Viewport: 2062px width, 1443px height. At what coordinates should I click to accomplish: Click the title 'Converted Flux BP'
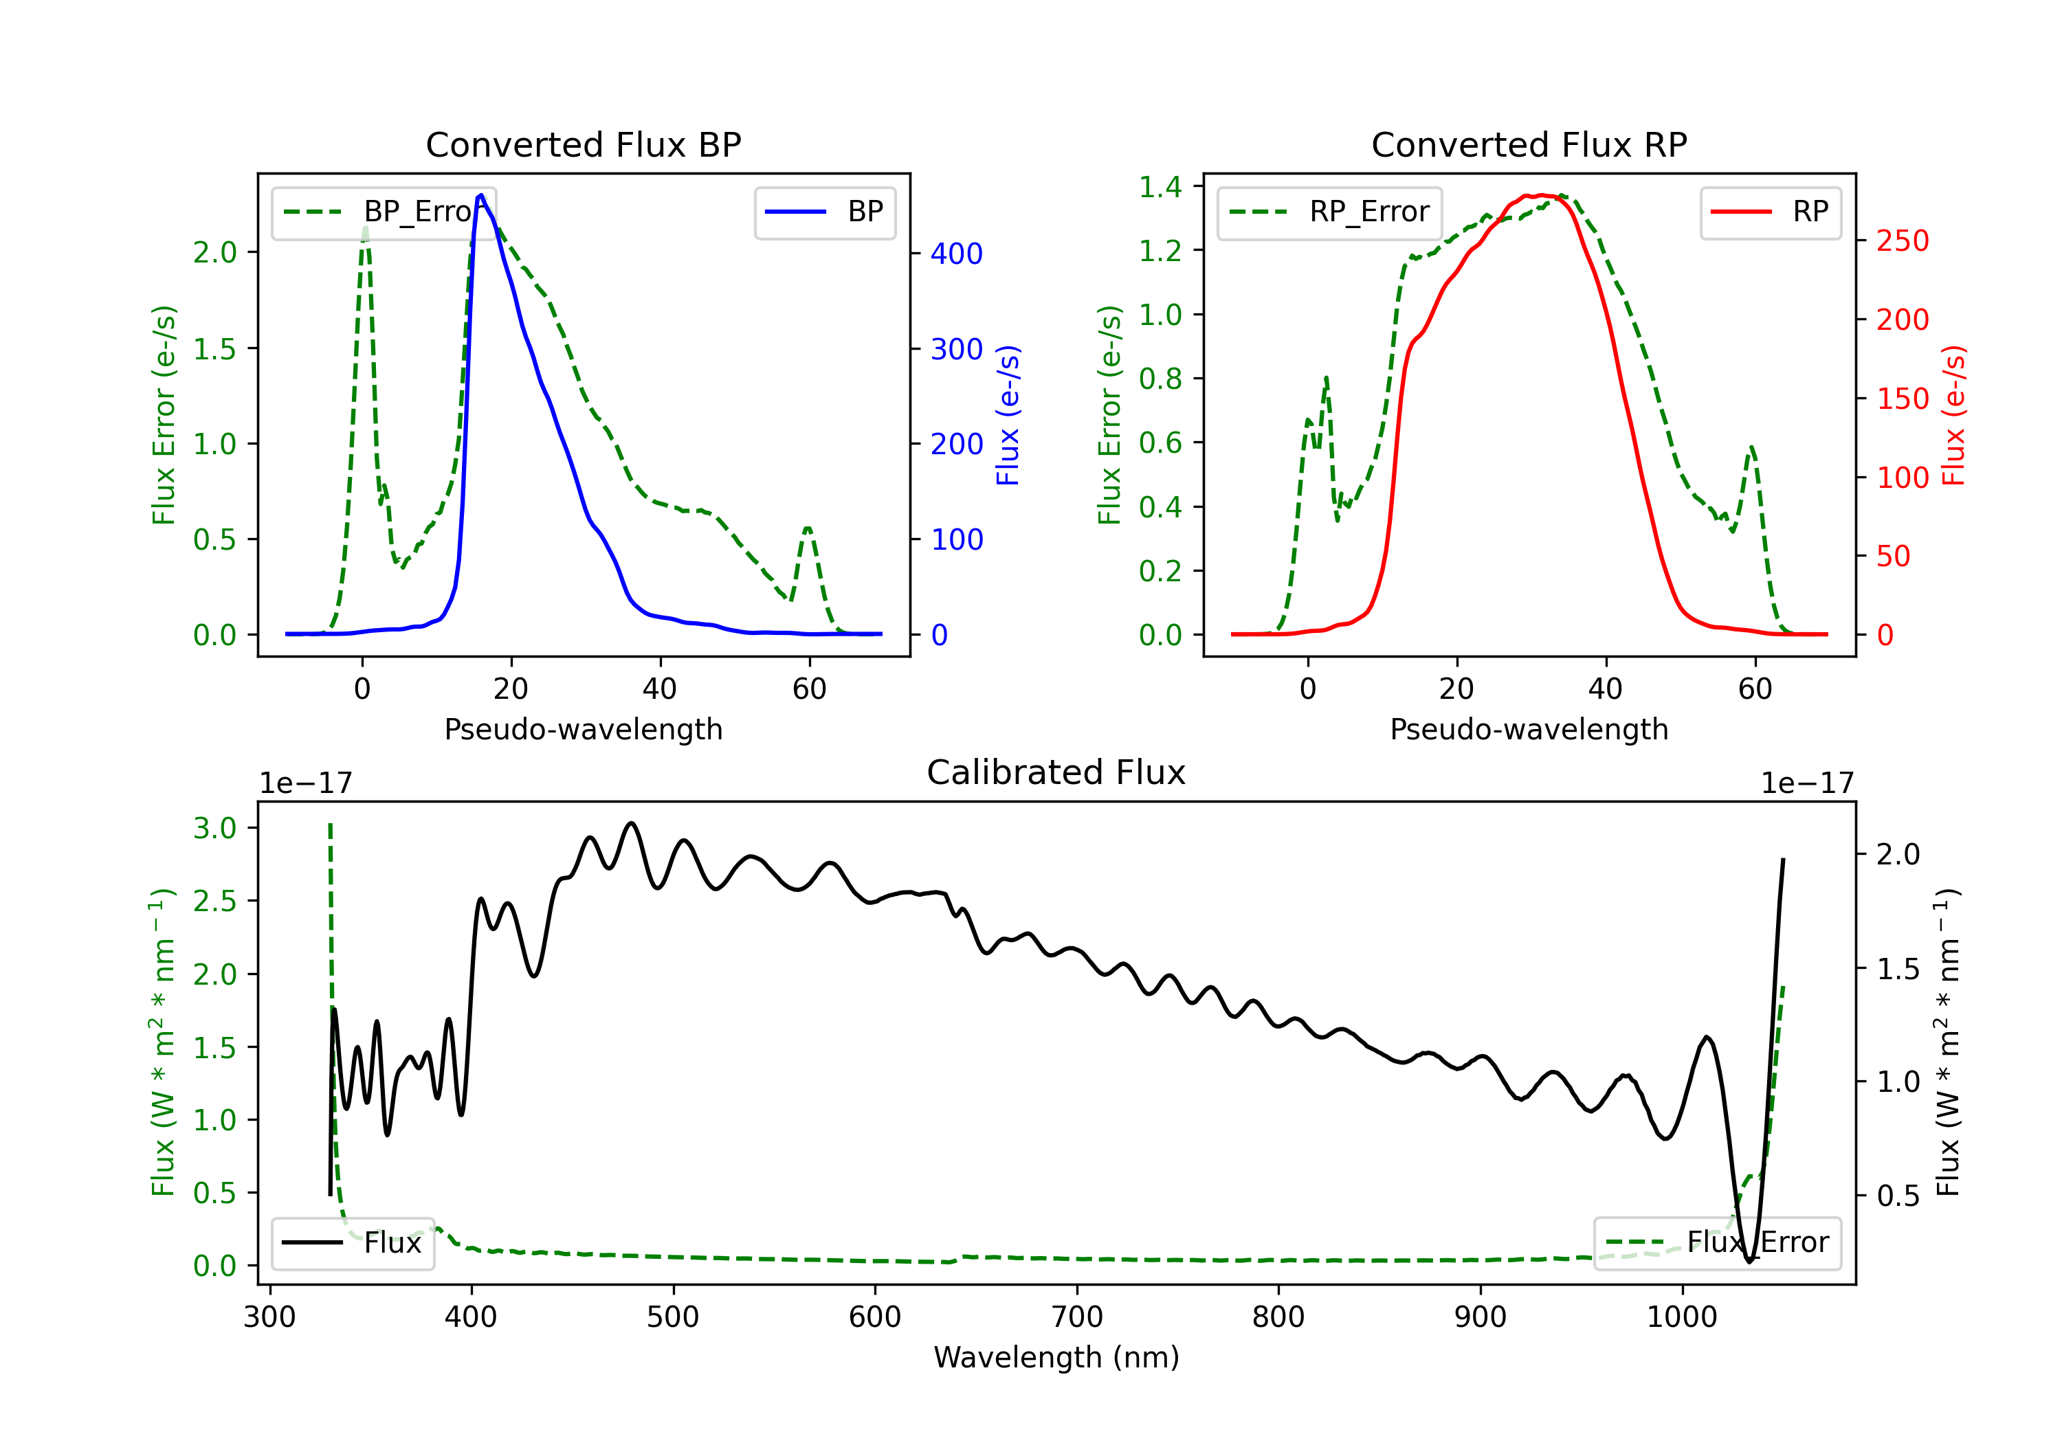(x=583, y=144)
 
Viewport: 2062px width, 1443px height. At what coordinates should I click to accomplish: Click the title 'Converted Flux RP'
(x=1529, y=144)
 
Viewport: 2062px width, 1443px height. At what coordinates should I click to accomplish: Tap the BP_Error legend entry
(x=384, y=212)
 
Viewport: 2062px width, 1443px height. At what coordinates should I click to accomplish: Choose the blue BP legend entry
(x=824, y=212)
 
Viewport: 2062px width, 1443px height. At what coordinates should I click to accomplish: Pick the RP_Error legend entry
(x=1329, y=212)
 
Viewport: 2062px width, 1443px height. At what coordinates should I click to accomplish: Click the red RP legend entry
(x=1770, y=212)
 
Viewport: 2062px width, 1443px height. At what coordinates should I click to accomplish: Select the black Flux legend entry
(x=353, y=1243)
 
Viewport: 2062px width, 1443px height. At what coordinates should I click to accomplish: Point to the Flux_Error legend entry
(x=1716, y=1243)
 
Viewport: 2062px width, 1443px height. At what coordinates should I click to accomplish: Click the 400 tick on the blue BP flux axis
(x=957, y=254)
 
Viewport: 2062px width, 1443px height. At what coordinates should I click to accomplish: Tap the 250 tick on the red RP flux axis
(x=1902, y=240)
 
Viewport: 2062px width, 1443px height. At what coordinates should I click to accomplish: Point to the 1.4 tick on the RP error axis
(x=1160, y=187)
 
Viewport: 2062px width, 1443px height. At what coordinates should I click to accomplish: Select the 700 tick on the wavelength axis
(x=1077, y=1317)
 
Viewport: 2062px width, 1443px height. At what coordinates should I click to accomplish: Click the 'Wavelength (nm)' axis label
(x=1056, y=1357)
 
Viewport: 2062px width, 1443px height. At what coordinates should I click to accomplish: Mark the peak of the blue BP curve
(x=481, y=195)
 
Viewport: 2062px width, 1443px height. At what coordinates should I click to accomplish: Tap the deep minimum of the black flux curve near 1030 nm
(x=1749, y=1262)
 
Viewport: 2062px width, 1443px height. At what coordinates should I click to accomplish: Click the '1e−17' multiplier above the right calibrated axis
(x=1807, y=783)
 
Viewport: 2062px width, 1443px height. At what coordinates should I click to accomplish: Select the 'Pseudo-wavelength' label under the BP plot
(x=583, y=729)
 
